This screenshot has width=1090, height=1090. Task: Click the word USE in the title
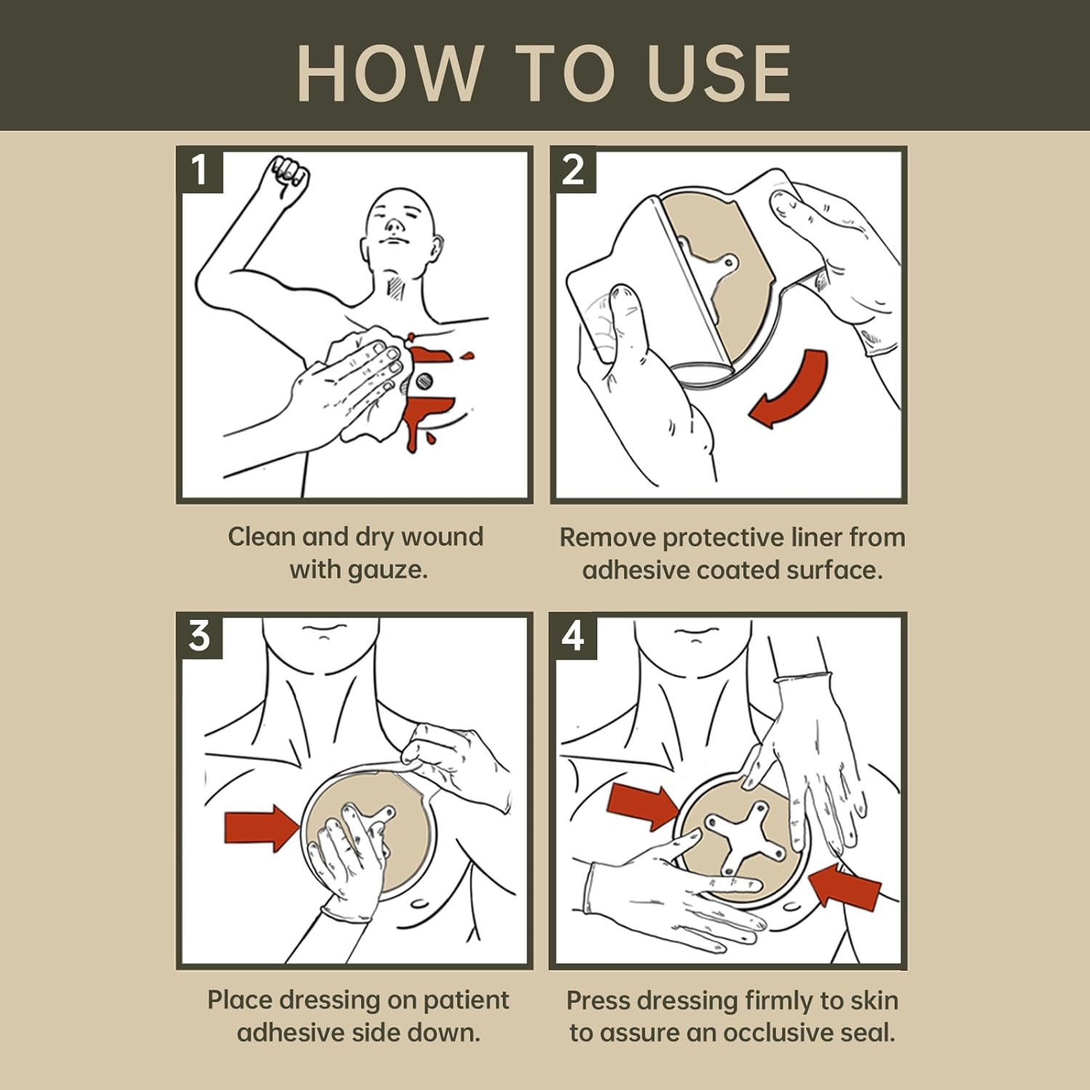click(719, 73)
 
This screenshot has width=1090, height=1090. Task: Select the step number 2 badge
click(573, 171)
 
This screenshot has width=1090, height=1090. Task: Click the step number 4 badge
click(573, 637)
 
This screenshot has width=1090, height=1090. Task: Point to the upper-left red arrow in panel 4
click(642, 805)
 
